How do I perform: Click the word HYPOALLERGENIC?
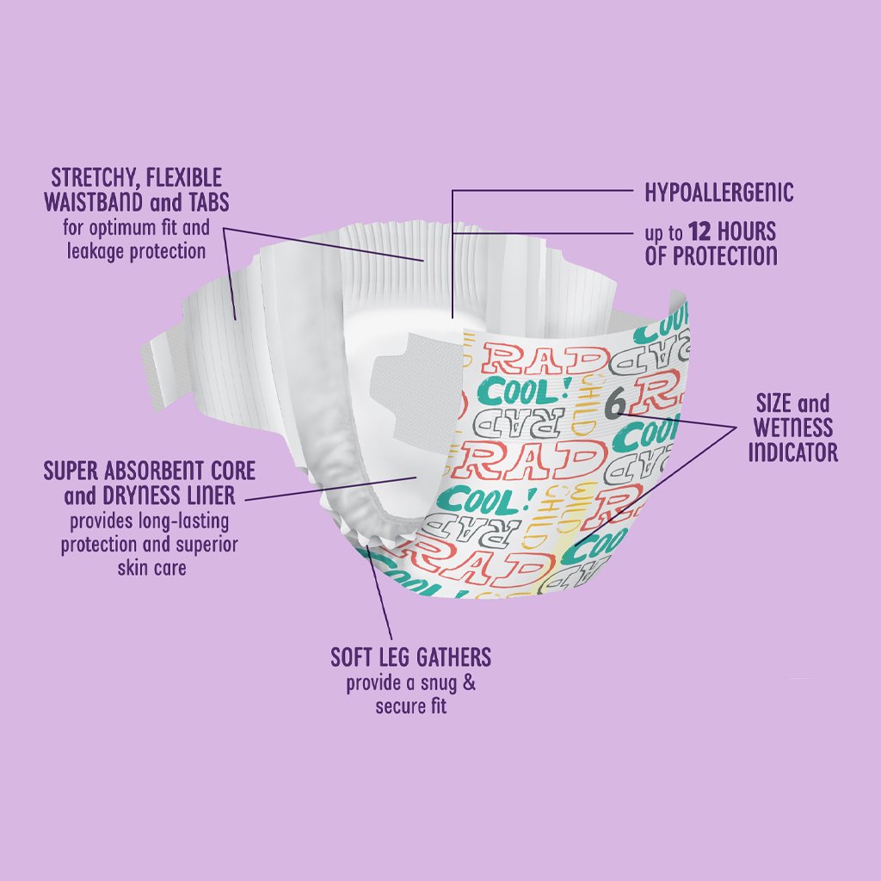pos(718,193)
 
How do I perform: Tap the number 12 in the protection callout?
pos(700,231)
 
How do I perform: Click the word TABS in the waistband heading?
pos(208,202)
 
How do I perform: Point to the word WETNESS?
pos(792,428)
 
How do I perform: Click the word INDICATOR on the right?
pos(792,452)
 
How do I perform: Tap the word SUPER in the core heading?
pos(71,471)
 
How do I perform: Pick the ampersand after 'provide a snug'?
pos(469,683)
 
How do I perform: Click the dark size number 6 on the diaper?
pos(616,404)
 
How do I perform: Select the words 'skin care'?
pos(151,568)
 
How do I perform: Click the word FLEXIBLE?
pos(184,179)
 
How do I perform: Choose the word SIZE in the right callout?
pos(773,404)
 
